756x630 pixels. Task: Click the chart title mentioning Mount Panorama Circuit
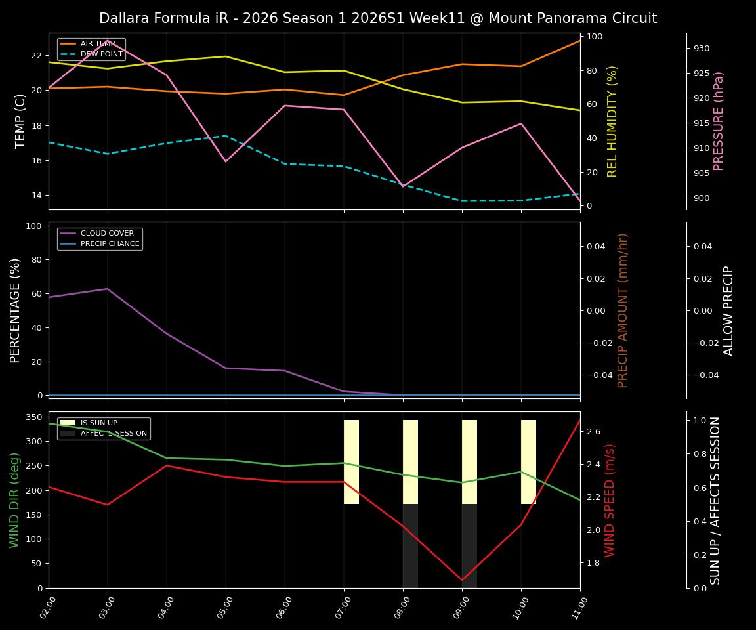(378, 18)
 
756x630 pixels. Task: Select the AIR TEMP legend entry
(98, 43)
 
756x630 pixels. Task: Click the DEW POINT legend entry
(101, 54)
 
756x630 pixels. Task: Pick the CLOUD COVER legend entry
(107, 233)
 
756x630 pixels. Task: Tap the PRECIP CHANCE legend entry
(110, 243)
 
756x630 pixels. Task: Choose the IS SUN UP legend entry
(98, 423)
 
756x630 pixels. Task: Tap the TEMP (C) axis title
(21, 121)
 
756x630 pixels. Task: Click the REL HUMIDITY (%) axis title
(612, 121)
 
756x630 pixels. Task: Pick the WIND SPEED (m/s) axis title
(610, 500)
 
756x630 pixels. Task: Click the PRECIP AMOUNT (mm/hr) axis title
(623, 310)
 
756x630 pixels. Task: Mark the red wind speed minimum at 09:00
(462, 580)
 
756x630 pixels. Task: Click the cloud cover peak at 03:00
(108, 289)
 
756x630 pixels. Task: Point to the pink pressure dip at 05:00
(226, 161)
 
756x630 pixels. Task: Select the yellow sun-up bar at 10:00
(528, 462)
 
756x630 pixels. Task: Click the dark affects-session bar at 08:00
(410, 546)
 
